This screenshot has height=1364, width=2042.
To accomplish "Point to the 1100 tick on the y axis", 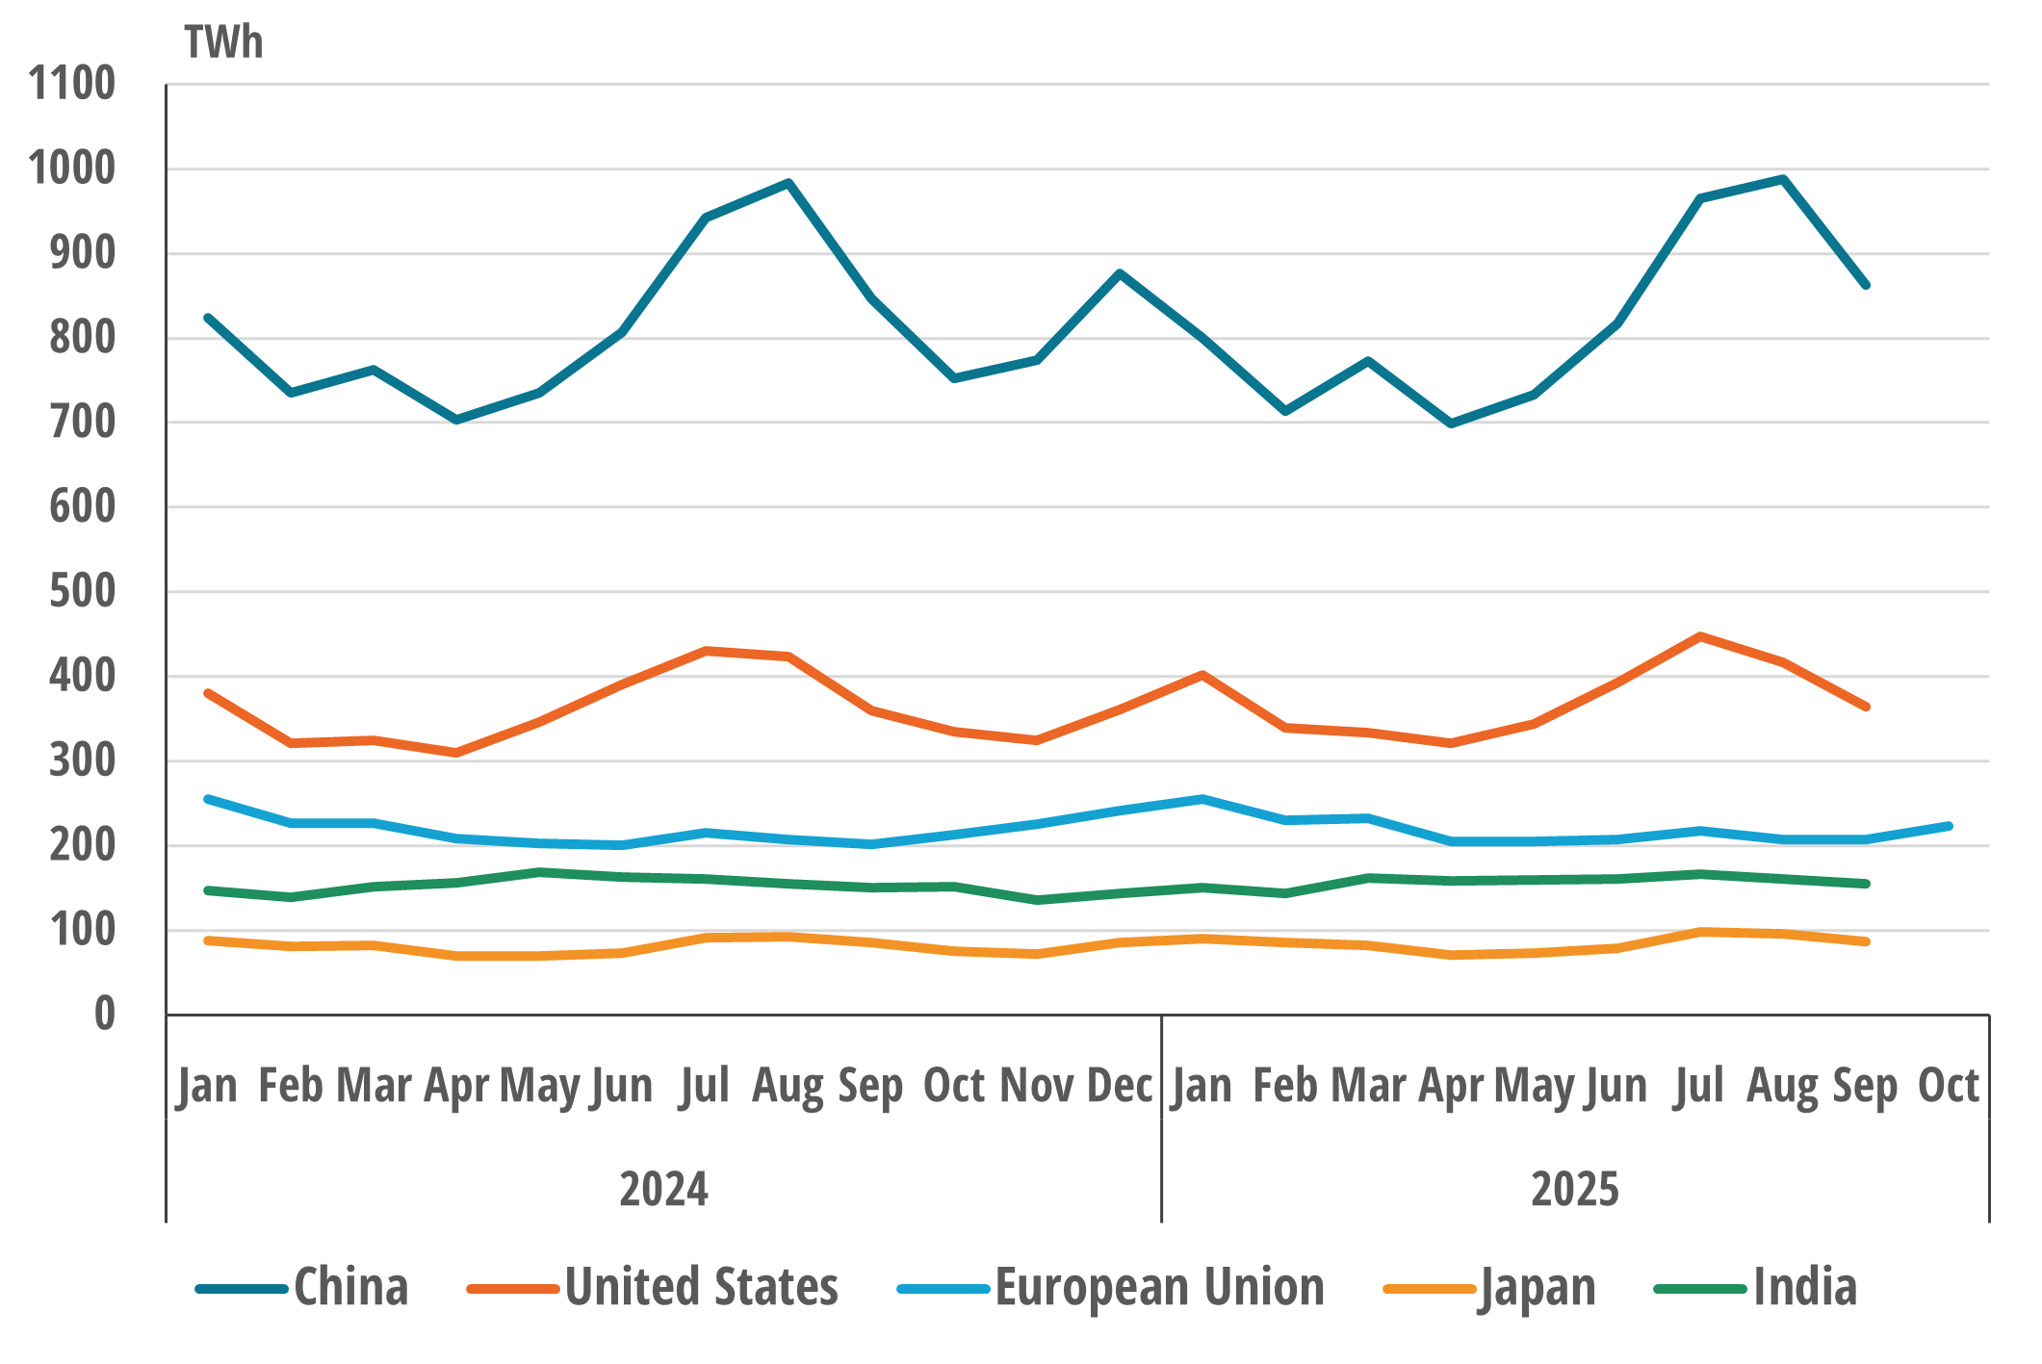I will (72, 85).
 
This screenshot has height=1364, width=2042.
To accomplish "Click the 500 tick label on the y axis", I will (82, 592).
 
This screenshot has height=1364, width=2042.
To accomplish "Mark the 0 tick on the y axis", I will (104, 1015).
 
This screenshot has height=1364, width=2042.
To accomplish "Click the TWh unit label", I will (223, 43).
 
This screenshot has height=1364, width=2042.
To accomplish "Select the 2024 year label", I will (663, 1189).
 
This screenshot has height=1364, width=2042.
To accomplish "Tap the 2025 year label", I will (1575, 1189).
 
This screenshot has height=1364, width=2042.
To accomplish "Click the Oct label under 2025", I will (1948, 1087).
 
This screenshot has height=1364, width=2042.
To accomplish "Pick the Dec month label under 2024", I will (1120, 1087).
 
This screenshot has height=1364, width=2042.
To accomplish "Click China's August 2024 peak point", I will (788, 183).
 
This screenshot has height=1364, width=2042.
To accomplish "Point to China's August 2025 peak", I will (1783, 179).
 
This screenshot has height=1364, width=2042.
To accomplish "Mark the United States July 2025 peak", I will (1700, 636).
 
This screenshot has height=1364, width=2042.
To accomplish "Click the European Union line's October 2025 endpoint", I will (1949, 826).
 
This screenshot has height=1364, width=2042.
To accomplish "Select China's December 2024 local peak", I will (1120, 273).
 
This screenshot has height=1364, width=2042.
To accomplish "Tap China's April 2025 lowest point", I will (1451, 424).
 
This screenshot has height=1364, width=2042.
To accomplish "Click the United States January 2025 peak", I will (1202, 675).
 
